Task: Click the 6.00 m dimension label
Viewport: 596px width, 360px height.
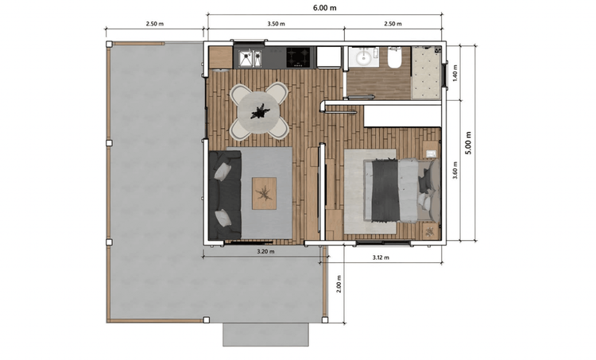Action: click(x=324, y=8)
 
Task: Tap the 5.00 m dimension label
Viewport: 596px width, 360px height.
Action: click(x=468, y=143)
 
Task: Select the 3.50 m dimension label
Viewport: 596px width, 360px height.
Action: click(x=276, y=24)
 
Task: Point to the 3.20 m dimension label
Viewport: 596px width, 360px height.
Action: click(x=265, y=251)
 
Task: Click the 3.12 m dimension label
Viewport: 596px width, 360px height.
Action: click(x=381, y=257)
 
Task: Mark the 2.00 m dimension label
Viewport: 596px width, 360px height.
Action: click(x=339, y=284)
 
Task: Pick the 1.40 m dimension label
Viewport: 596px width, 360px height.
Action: click(x=455, y=73)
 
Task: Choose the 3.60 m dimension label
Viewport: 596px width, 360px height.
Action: click(x=455, y=170)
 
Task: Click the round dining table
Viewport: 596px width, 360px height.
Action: click(x=259, y=112)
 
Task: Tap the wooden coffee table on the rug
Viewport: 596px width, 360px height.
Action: click(x=264, y=193)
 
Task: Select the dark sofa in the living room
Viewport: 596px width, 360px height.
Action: click(x=225, y=195)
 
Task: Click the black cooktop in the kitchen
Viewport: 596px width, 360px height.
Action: click(x=300, y=57)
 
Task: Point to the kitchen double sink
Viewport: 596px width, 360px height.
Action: click(x=250, y=60)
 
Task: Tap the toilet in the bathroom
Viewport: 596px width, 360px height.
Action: click(x=395, y=59)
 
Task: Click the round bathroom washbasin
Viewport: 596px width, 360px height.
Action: click(x=364, y=58)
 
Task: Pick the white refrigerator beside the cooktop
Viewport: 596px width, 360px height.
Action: click(x=329, y=57)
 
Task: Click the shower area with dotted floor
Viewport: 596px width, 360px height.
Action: click(x=426, y=72)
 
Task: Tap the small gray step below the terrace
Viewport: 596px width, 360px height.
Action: click(x=265, y=335)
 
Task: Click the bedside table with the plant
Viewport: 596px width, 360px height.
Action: click(x=430, y=230)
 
